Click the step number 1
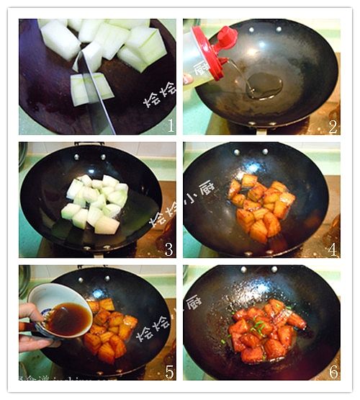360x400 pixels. (x=170, y=126)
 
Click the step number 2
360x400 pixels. (x=333, y=127)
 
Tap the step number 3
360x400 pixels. (x=169, y=250)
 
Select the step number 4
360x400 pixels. (x=333, y=250)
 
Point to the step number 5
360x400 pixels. (x=169, y=373)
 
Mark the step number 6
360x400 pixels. (x=333, y=373)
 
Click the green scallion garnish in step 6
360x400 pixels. (x=258, y=328)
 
